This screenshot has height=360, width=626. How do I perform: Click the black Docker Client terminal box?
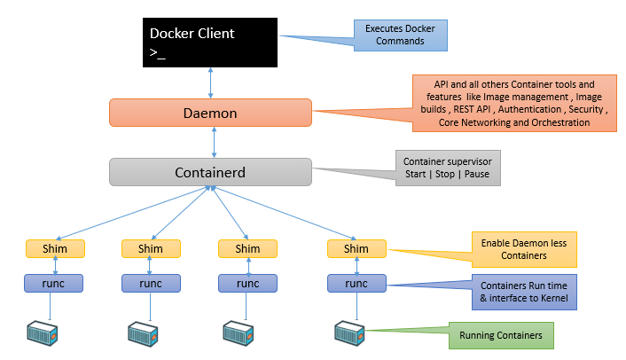210,42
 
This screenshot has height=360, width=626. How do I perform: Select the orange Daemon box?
210,113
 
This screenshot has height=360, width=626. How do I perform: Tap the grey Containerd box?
210,171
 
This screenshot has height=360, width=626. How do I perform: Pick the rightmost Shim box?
356,249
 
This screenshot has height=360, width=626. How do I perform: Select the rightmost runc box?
356,284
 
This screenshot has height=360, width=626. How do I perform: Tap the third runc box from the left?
247,284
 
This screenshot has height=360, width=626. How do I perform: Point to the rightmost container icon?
348,334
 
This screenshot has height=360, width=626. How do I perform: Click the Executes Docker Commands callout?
401,35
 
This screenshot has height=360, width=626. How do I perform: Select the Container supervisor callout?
448,168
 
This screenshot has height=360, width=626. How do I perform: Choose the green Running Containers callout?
501,336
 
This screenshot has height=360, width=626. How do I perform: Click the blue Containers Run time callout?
525,292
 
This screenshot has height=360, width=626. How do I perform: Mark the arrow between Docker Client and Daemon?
210,82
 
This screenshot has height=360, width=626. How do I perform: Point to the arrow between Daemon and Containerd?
210,142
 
